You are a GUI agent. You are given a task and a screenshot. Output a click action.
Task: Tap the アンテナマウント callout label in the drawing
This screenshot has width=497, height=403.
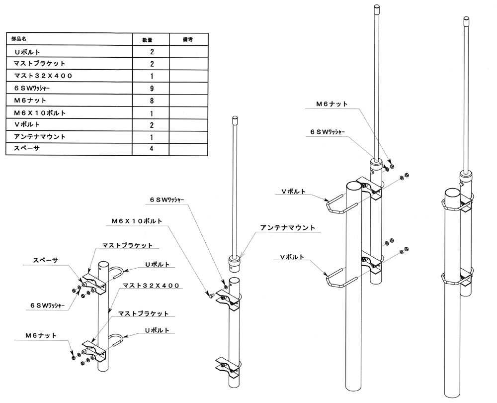[x=287, y=227]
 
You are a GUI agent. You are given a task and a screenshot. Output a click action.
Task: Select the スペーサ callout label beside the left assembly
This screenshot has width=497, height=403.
[x=45, y=260]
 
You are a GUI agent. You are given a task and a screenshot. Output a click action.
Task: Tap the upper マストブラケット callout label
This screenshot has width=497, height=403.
[x=127, y=245]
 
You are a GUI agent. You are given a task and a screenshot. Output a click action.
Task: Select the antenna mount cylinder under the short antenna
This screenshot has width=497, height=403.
[x=234, y=262]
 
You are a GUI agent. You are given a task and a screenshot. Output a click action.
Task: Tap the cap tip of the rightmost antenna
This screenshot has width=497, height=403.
[x=466, y=20]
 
